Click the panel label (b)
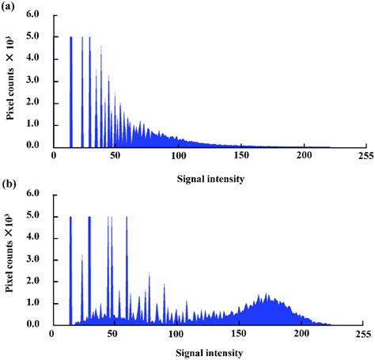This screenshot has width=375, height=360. coord(9,184)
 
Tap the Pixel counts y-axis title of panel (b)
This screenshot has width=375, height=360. coord(13,259)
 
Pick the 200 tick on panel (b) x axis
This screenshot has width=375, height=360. coord(301,335)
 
